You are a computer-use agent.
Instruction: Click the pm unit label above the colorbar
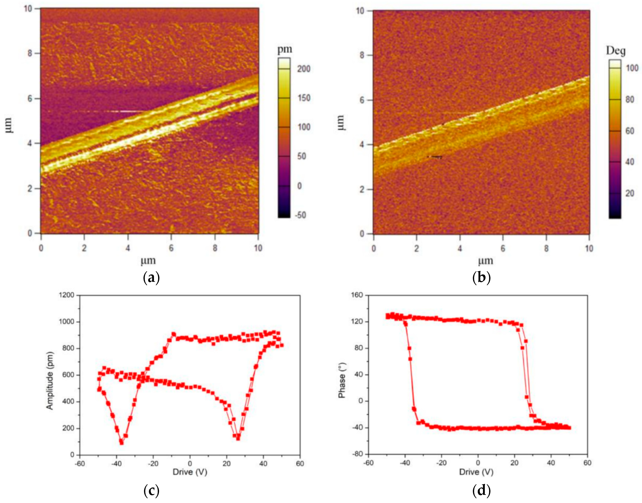coord(285,49)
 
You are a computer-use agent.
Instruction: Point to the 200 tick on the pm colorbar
coord(303,69)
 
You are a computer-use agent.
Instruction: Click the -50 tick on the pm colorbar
coord(300,215)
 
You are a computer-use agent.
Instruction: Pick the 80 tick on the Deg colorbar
coord(629,100)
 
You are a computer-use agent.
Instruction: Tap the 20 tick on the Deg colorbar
coord(629,193)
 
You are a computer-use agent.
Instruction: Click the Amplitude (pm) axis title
coord(50,380)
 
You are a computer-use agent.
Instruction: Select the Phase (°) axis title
coord(342,380)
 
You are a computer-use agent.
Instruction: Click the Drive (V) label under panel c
coord(190,472)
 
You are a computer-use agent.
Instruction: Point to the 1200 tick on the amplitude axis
coord(67,295)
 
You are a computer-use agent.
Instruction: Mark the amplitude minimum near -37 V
coord(121,443)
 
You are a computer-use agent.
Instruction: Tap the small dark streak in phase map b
coord(436,157)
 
